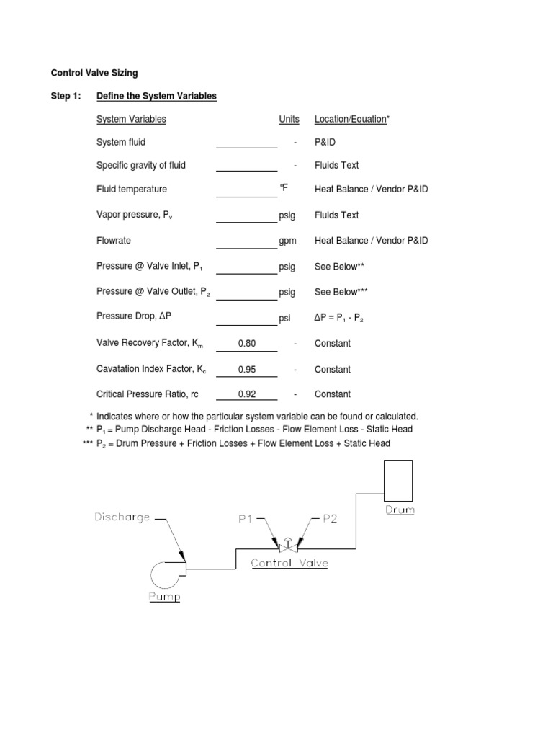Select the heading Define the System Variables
coord(156,96)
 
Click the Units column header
coord(289,119)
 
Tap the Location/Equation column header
coord(351,119)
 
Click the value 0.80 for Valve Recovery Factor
coord(247,344)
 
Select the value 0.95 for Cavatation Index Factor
coord(247,370)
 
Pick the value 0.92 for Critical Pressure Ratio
coord(247,394)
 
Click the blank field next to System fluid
coord(247,143)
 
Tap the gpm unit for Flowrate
coord(288,241)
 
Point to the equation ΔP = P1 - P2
coord(343,318)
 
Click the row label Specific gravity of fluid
coord(141,166)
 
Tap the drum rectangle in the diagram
coord(398,480)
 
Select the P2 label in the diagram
coord(329,518)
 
